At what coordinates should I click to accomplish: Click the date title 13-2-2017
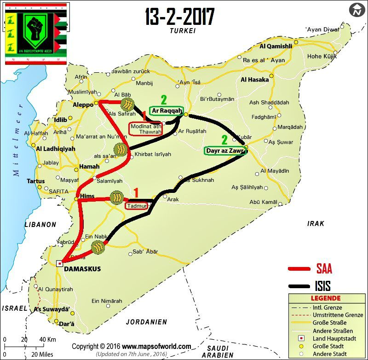tap(179, 17)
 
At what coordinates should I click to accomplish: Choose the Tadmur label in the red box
tap(137, 206)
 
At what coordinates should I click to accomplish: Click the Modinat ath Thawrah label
tap(145, 129)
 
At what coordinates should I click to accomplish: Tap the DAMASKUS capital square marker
tap(59, 263)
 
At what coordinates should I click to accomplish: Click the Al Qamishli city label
tap(276, 46)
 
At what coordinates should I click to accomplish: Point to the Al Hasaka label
tap(254, 80)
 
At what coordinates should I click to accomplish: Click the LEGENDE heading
tap(326, 299)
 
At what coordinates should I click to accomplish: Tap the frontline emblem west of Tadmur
tap(117, 197)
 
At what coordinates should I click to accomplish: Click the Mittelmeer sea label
tap(17, 143)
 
